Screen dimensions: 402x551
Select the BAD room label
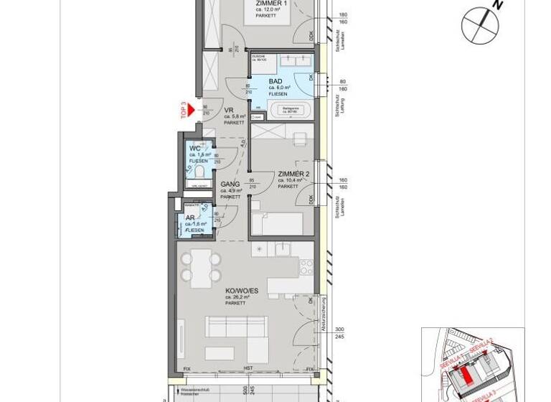(x=275, y=80)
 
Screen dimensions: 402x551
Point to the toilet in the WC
(x=200, y=172)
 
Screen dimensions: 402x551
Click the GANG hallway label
(x=230, y=184)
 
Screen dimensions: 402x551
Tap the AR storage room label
(x=190, y=218)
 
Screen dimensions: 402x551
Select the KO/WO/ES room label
(x=237, y=290)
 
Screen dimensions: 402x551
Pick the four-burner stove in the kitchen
(x=306, y=267)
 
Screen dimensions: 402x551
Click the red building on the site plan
(x=467, y=377)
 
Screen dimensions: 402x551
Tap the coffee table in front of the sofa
(x=220, y=353)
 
